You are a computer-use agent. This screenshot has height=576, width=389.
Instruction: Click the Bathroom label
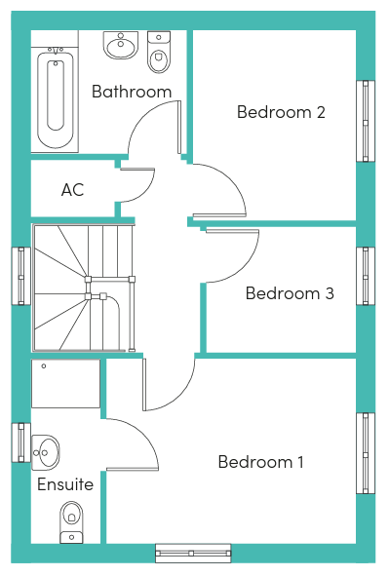coord(132,92)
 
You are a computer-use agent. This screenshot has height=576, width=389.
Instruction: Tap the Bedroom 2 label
coord(281,112)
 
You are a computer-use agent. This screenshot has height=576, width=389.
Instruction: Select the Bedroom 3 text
coord(290,293)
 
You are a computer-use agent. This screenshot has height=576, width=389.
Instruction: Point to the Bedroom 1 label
coord(261,462)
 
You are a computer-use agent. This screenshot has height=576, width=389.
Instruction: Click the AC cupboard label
coord(73,190)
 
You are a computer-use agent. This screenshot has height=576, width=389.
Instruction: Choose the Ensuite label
coord(65,484)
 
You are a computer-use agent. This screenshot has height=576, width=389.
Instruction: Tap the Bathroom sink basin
coord(121,45)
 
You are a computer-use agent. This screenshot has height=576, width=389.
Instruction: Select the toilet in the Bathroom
coord(159,52)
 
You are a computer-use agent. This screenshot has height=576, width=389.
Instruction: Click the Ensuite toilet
coord(71,522)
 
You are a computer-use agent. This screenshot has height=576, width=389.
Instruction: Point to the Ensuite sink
coord(45,452)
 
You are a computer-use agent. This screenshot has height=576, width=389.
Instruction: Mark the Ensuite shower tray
coord(65,383)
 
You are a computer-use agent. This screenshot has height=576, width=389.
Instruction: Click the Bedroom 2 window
coord(366,121)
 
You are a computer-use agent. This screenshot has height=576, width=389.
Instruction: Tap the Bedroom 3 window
coord(366,276)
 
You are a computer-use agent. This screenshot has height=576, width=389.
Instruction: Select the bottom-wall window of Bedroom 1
coord(193,554)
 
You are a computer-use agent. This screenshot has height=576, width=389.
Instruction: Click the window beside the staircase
coord(21,276)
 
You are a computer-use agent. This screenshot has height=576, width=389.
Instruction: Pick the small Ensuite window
coord(21,442)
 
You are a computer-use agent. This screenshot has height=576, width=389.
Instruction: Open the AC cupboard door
coord(137,170)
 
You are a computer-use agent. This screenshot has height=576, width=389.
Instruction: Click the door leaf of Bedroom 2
coord(219,215)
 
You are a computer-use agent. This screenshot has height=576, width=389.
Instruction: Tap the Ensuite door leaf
coord(133,469)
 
